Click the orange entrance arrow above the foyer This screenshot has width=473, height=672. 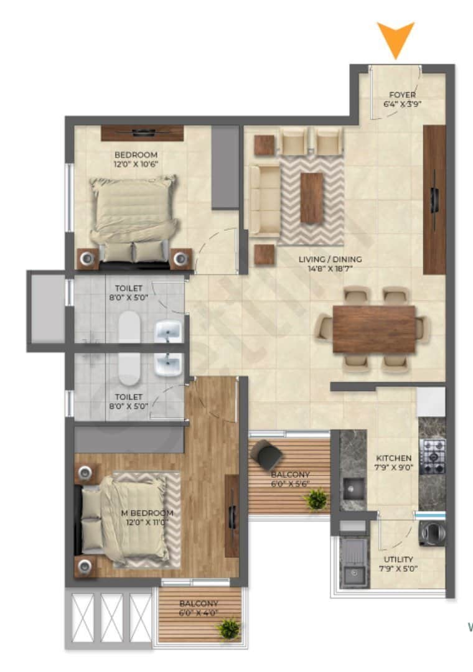pyautogui.click(x=395, y=39)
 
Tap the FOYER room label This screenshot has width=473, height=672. pyautogui.click(x=402, y=95)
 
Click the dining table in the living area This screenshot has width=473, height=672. pyautogui.click(x=373, y=329)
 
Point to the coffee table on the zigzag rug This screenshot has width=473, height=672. pyautogui.click(x=311, y=198)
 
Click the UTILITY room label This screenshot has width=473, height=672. pyautogui.click(x=400, y=559)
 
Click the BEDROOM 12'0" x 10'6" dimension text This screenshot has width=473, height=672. pyautogui.click(x=136, y=164)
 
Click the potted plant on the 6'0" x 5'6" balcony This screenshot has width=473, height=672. pyautogui.click(x=317, y=498)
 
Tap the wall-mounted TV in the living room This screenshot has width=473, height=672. pyautogui.click(x=434, y=199)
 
